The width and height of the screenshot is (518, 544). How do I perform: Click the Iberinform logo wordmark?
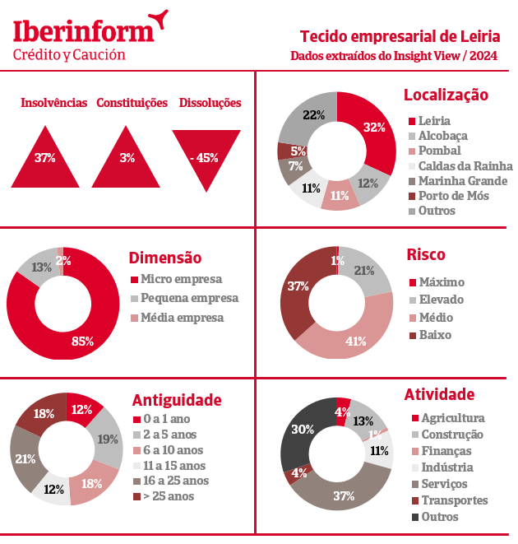coord(83,31)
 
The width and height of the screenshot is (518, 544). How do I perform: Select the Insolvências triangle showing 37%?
coord(45,161)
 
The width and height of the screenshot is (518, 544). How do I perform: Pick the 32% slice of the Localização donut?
coord(374,128)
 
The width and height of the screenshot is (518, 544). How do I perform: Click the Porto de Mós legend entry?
coord(453,196)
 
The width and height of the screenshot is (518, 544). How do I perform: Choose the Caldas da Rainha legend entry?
coord(460,166)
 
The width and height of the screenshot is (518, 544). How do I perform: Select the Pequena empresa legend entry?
coord(189,298)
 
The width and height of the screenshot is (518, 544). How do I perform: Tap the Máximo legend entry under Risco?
coord(441,282)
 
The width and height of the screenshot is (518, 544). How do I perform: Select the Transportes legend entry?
coord(454,500)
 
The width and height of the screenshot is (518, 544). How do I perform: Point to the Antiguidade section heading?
coord(177,400)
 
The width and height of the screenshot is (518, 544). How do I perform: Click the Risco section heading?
coord(426,255)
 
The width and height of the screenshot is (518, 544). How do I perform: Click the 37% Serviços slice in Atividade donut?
coord(344,494)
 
